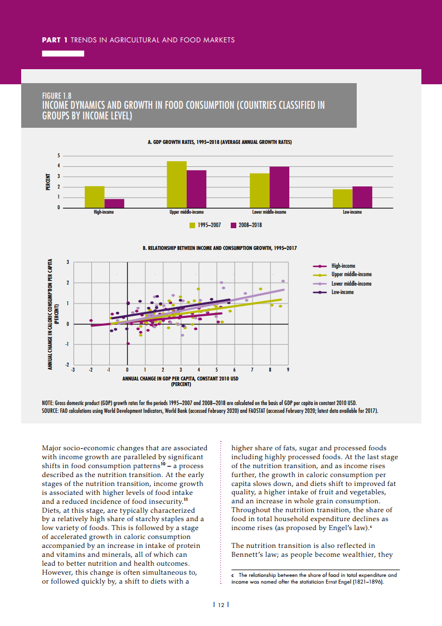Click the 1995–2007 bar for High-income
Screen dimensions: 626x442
point(94,197)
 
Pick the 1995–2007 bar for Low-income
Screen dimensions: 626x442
point(342,199)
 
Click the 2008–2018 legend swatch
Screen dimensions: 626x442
point(234,225)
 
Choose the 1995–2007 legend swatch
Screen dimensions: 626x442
point(193,225)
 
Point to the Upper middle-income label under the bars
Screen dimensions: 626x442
point(187,213)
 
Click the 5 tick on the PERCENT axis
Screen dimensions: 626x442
point(57,156)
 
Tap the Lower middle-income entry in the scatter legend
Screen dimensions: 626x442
point(351,283)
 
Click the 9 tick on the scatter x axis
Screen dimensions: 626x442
point(288,370)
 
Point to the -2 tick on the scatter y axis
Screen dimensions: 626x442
point(67,364)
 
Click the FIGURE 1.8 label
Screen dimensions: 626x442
point(57,95)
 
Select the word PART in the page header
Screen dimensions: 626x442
point(52,40)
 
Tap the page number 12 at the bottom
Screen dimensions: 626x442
point(221,604)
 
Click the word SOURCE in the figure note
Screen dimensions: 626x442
point(50,411)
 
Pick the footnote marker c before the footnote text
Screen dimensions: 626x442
point(233,574)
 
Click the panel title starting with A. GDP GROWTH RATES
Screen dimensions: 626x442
point(220,143)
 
